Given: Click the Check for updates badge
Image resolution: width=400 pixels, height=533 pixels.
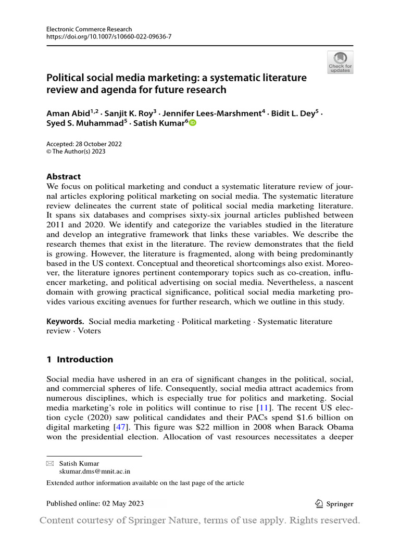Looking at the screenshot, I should coord(340,62).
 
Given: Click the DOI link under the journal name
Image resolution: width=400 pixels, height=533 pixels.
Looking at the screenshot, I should coord(109,37).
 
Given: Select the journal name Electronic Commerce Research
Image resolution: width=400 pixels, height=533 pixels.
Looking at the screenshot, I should coord(89,29).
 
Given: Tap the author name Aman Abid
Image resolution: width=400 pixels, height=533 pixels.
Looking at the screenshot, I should coord(67,113).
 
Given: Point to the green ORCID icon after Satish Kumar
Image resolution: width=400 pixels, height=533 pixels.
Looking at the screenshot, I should coord(193,123).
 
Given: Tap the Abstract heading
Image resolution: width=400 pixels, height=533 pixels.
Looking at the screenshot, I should coord(64,176).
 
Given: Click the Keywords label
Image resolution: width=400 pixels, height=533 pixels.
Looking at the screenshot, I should coord(65,321).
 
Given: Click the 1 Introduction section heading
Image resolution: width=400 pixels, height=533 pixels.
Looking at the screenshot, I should coord(80,359).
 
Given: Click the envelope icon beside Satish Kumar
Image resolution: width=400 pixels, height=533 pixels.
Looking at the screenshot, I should coord(50,463).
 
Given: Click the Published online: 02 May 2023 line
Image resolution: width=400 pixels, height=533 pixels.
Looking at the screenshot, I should coord(95,503).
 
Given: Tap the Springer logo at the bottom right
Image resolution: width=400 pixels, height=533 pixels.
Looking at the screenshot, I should coord(334,503).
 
